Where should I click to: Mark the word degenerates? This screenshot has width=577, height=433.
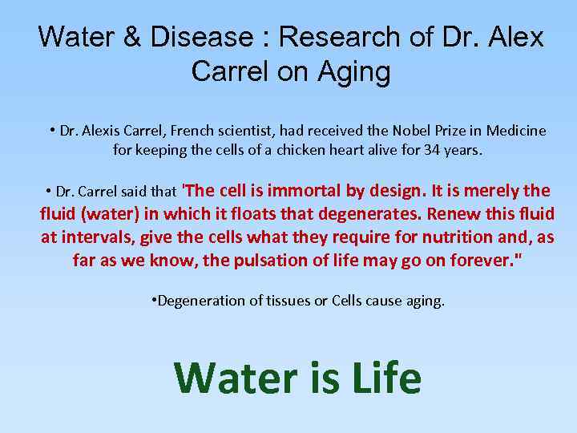pyautogui.click(x=369, y=214)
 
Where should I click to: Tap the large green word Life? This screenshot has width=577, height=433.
pyautogui.click(x=380, y=377)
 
